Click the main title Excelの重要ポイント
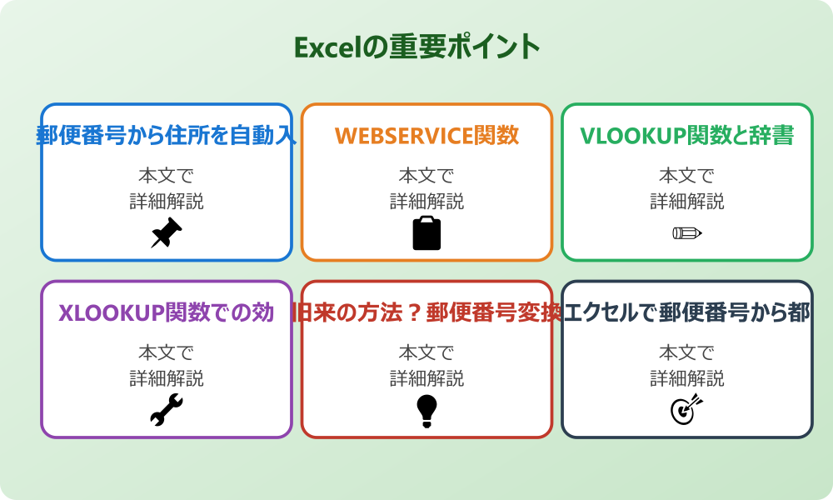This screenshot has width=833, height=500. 416,47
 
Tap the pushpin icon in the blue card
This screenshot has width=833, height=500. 167,232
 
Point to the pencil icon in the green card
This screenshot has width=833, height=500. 687,232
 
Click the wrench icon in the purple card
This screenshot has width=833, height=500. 167,410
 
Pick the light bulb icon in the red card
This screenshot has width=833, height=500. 426,410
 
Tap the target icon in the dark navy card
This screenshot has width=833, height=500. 687,410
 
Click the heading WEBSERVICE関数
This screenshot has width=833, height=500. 426,135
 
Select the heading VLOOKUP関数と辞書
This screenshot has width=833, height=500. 687,135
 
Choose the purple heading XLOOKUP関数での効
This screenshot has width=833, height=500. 167,312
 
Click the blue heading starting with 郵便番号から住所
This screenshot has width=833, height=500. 167,135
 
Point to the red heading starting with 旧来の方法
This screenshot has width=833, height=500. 426,312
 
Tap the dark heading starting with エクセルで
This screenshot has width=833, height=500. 687,312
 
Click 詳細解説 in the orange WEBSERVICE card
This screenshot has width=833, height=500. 426,202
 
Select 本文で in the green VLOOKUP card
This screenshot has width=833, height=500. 687,176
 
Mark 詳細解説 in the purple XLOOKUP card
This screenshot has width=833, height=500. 167,379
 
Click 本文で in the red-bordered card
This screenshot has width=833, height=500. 426,353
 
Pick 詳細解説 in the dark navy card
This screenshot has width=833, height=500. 687,379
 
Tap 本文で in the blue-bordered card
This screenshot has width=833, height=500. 167,176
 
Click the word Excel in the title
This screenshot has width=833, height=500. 329,47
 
